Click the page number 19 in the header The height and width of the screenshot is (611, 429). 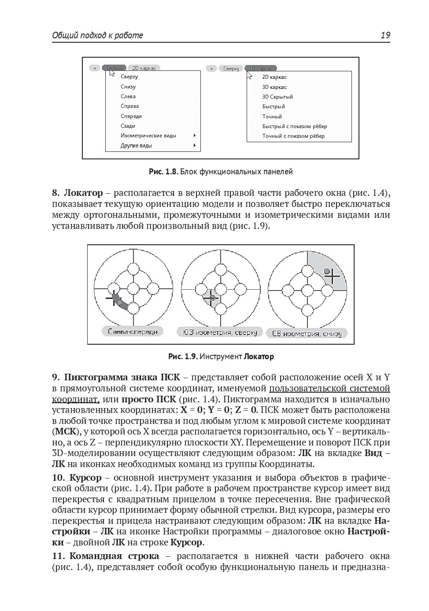[x=385, y=35]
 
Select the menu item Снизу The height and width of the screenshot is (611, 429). [x=128, y=87]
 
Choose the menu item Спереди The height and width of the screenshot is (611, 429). [x=131, y=116]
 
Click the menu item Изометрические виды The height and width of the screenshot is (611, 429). [x=148, y=136]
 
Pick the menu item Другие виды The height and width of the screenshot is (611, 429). [x=137, y=145]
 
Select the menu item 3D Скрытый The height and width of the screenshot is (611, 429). [x=277, y=97]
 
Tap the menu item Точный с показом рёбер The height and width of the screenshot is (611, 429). [x=293, y=136]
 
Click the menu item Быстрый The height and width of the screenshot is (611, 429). [x=274, y=107]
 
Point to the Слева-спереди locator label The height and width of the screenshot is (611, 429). [x=133, y=331]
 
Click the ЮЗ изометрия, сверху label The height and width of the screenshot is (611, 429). [x=220, y=332]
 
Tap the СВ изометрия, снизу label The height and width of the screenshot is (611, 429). [x=307, y=333]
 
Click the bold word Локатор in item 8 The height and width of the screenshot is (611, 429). [x=83, y=193]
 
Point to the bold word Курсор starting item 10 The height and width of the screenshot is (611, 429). [x=85, y=478]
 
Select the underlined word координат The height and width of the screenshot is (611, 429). [x=74, y=399]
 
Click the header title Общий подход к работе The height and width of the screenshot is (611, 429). [x=97, y=35]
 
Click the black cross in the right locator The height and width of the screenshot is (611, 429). [x=333, y=276]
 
